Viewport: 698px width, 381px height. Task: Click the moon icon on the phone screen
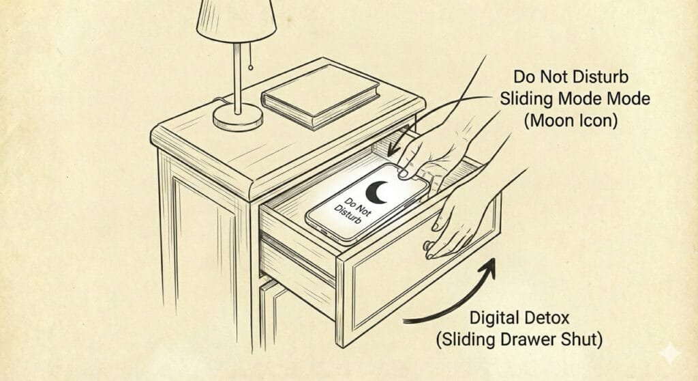click(x=376, y=193)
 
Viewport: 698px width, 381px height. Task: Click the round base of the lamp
click(x=238, y=117)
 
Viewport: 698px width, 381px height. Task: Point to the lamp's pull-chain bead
click(x=251, y=68)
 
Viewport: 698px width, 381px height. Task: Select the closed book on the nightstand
click(x=320, y=97)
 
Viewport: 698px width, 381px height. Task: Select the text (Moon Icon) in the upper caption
click(x=571, y=120)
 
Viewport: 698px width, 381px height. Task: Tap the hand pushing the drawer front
click(x=459, y=223)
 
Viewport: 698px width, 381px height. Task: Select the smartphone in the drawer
click(x=368, y=203)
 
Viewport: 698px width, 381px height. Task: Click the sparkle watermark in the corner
click(x=670, y=354)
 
